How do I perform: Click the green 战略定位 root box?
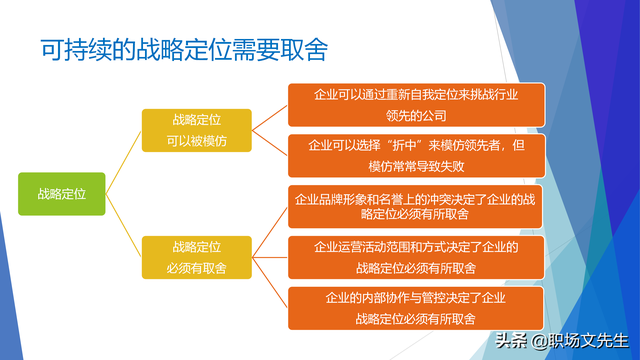[61, 194]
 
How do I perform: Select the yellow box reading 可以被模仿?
[196, 130]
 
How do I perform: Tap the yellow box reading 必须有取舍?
[196, 257]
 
